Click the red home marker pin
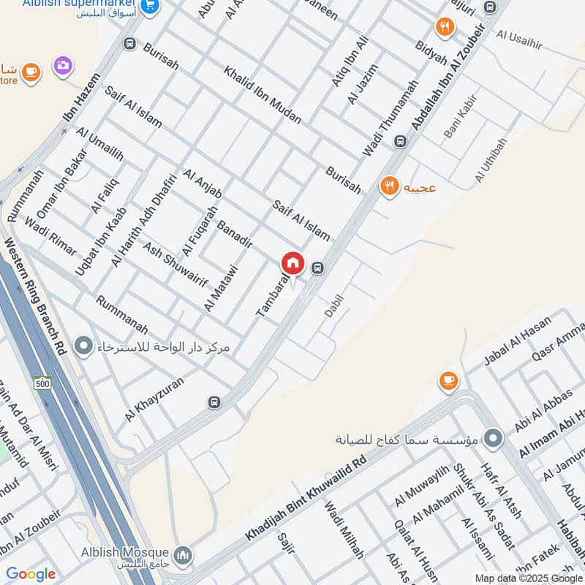click(292, 263)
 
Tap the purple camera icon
click(63, 66)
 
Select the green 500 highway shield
click(42, 382)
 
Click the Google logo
click(31, 574)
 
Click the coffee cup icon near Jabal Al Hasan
click(448, 380)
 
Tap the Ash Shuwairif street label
click(175, 263)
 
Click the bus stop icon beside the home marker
click(317, 268)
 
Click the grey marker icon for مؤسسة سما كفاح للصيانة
click(495, 439)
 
